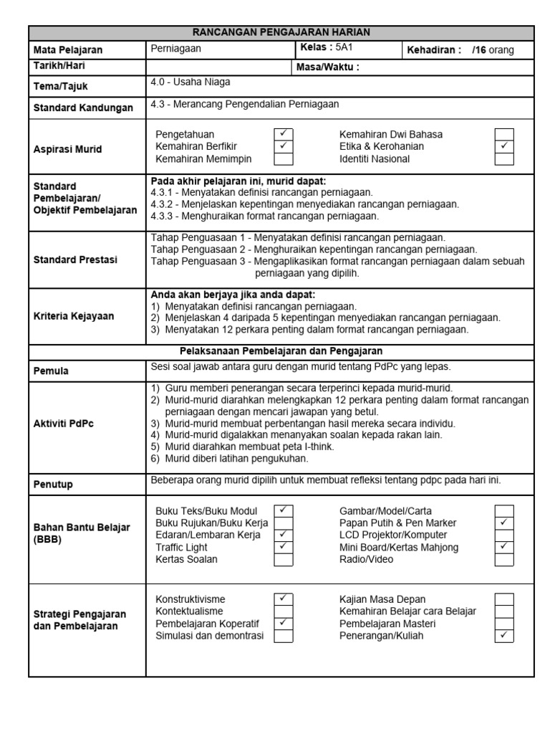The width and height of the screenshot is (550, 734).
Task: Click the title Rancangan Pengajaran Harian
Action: [x=281, y=32]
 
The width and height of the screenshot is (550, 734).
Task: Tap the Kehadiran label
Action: [x=434, y=50]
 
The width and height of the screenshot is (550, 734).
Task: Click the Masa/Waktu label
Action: [x=327, y=67]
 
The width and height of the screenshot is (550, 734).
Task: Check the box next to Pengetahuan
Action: [x=284, y=134]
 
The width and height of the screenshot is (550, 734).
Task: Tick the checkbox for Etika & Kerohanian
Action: [x=504, y=146]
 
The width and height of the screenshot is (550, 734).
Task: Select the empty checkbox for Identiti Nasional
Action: [x=504, y=158]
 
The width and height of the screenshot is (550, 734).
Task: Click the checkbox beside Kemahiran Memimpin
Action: [x=284, y=158]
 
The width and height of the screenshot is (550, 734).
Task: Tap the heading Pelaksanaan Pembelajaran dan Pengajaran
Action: [x=281, y=351]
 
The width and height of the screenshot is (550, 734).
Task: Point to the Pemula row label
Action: [x=51, y=371]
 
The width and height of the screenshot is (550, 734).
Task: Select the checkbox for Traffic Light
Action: [x=284, y=547]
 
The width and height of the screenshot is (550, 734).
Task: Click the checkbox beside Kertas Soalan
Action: [x=284, y=559]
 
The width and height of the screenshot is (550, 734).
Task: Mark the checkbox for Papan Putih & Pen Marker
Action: [x=504, y=523]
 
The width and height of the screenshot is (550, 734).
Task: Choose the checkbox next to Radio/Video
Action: [x=504, y=559]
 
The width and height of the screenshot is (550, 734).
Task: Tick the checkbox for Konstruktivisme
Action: [x=284, y=599]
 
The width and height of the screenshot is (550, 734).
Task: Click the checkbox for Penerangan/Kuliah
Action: [x=504, y=635]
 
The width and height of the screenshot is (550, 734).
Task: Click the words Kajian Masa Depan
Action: [x=382, y=599]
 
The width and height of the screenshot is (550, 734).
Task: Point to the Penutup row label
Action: [x=53, y=484]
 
